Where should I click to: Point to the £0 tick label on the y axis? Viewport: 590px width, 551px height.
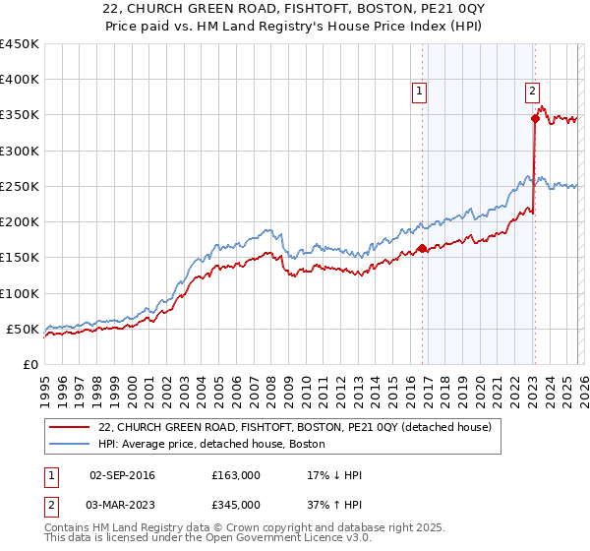click(x=29, y=364)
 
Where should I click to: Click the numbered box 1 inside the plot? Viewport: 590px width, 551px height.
click(x=420, y=91)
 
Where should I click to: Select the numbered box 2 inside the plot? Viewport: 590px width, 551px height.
click(x=532, y=91)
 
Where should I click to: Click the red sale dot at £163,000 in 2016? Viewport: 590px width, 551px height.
click(x=422, y=249)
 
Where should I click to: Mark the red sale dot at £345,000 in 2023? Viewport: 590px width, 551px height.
click(x=535, y=119)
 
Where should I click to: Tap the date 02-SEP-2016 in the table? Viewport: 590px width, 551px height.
click(x=122, y=475)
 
